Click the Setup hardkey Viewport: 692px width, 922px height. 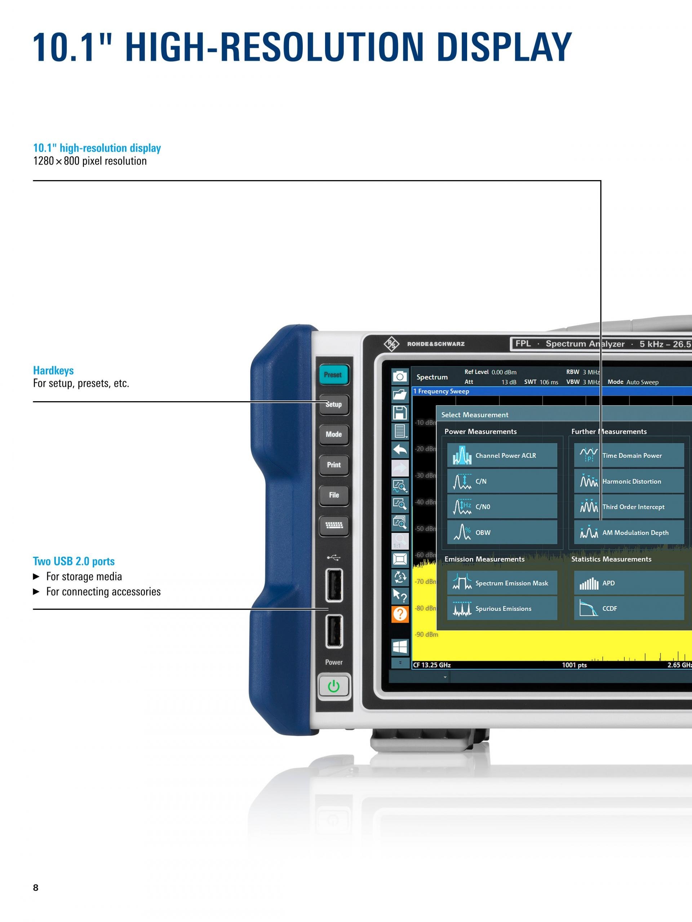[334, 404]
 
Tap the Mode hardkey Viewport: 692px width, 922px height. [334, 434]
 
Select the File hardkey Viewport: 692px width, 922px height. [334, 495]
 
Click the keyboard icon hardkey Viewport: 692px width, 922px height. [334, 525]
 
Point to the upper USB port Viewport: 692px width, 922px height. [334, 585]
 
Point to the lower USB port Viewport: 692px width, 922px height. [334, 631]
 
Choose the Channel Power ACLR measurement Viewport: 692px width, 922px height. [502, 455]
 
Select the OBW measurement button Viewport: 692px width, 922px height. [502, 532]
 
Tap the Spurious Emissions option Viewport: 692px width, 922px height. [502, 609]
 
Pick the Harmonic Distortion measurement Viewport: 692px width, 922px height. [629, 481]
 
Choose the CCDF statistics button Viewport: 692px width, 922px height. [629, 609]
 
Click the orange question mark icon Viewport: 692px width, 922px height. [400, 614]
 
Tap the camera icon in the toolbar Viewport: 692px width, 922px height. [400, 376]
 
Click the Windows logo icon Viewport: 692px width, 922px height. [400, 647]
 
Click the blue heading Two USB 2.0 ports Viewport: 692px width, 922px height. [74, 561]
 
